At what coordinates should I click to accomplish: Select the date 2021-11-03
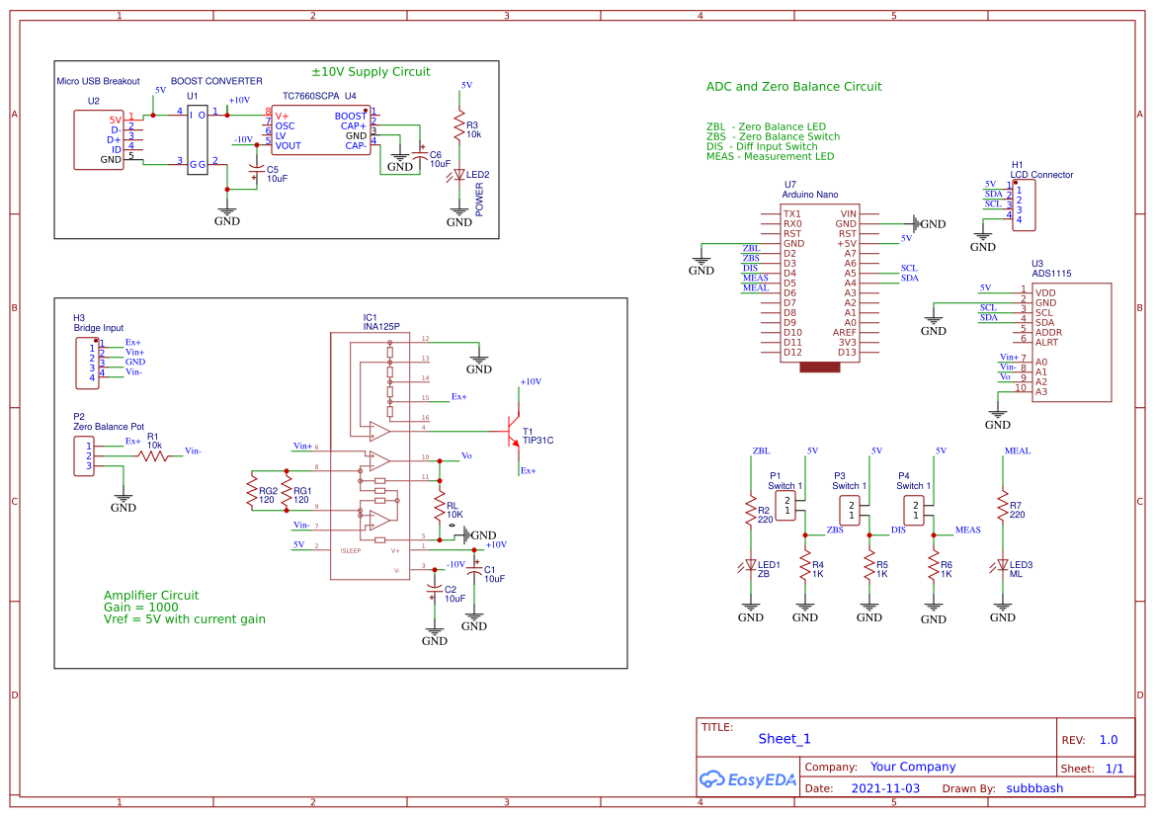pyautogui.click(x=884, y=788)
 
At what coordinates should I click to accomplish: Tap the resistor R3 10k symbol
pyautogui.click(x=458, y=127)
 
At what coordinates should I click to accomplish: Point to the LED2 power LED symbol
pyautogui.click(x=458, y=175)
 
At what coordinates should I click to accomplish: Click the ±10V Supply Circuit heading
pyautogui.click(x=371, y=72)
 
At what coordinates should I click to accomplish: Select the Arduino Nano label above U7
pyautogui.click(x=810, y=196)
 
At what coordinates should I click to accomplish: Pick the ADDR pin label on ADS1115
pyautogui.click(x=1048, y=332)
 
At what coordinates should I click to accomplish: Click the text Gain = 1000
pyautogui.click(x=140, y=608)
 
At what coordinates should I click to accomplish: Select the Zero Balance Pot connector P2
pyautogui.click(x=86, y=455)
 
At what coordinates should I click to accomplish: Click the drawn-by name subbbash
pyautogui.click(x=1034, y=788)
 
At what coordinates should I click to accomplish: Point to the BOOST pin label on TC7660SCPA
pyautogui.click(x=351, y=116)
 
